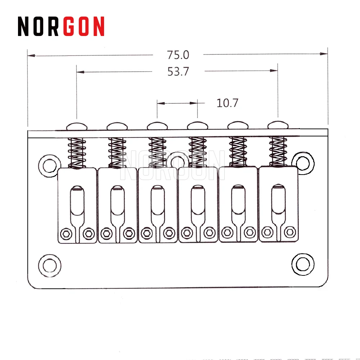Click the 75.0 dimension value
(x=178, y=55)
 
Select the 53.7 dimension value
(x=178, y=72)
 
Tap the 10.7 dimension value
(x=227, y=103)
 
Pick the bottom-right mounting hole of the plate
(x=301, y=264)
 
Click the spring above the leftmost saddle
(x=77, y=153)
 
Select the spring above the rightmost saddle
(x=278, y=151)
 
